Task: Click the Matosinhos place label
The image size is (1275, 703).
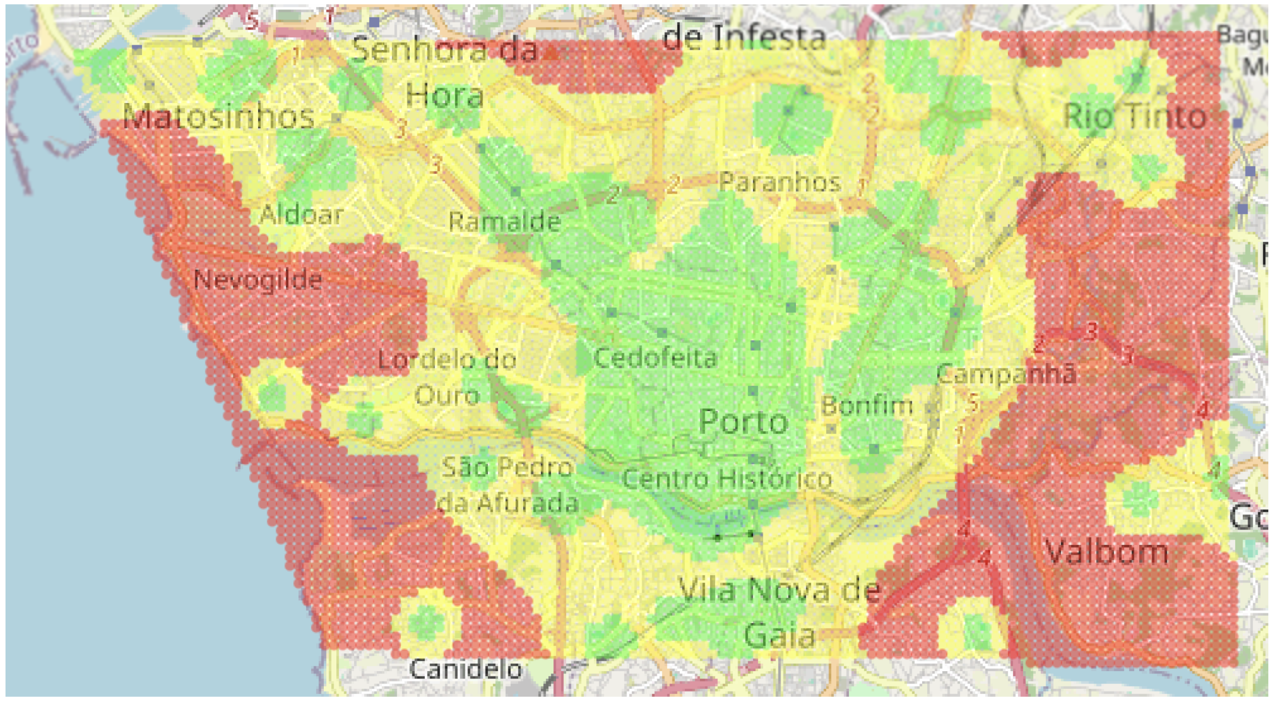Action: point(219,117)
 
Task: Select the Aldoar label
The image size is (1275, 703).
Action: point(301,214)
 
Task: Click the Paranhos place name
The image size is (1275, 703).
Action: point(780,182)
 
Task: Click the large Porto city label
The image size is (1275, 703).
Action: point(743,421)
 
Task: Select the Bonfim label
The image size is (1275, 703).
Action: point(867,406)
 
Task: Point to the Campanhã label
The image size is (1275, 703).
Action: point(1006,373)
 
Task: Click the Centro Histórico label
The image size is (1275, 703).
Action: point(727,479)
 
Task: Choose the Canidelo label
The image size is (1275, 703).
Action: point(465,669)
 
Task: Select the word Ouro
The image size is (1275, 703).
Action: point(447,396)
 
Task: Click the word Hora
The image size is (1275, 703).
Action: point(444,96)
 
